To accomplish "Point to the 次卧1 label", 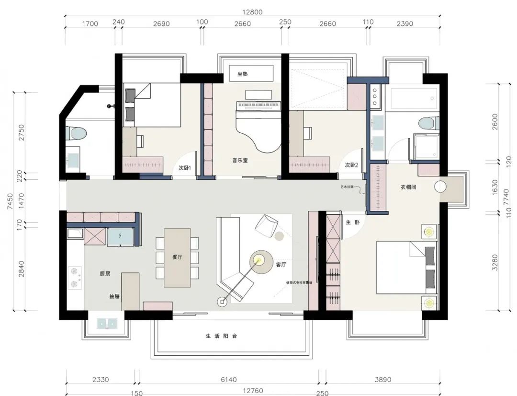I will [185, 168].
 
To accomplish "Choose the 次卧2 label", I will [351, 165].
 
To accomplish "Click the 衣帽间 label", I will [408, 187].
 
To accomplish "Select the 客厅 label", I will [281, 265].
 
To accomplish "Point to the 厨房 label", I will [105, 274].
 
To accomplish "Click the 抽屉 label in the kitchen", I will [114, 296].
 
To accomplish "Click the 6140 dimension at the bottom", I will [229, 380].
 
